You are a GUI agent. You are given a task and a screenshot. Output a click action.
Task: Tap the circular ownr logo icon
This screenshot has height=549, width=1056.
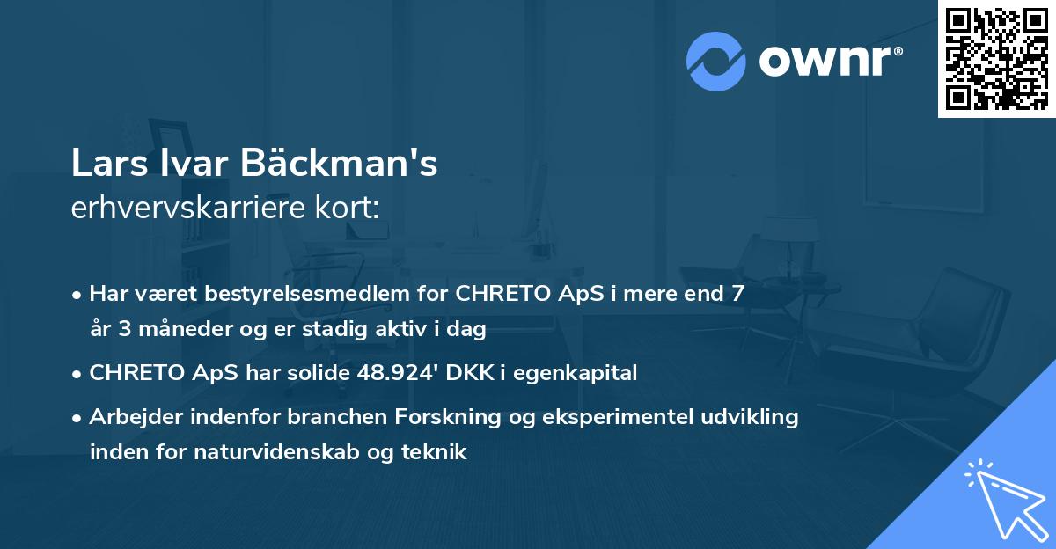(x=716, y=61)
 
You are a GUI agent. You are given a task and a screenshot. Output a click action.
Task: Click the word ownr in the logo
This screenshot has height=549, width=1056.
(x=830, y=61)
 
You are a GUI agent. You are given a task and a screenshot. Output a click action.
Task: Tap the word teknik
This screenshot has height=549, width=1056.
(x=435, y=452)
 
